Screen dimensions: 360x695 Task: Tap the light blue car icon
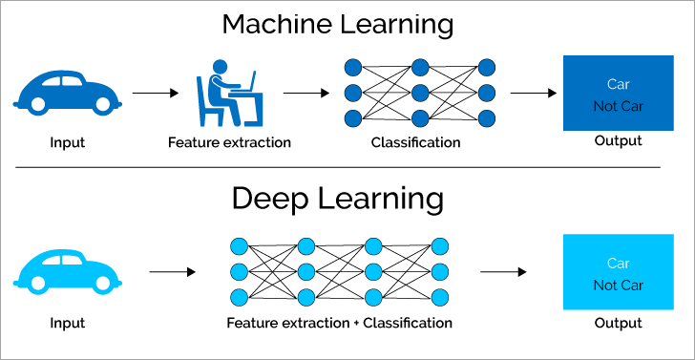pyautogui.click(x=68, y=270)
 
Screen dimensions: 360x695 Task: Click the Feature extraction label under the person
pyautogui.click(x=229, y=142)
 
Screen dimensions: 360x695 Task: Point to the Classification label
pyautogui.click(x=415, y=142)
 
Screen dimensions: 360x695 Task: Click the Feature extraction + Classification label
pyautogui.click(x=339, y=323)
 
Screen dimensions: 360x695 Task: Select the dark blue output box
pyautogui.click(x=618, y=94)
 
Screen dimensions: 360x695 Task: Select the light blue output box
pyautogui.click(x=618, y=272)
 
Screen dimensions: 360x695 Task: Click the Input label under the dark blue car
pyautogui.click(x=68, y=142)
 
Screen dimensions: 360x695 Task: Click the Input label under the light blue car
pyautogui.click(x=68, y=323)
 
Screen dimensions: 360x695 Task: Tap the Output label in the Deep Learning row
pyautogui.click(x=618, y=323)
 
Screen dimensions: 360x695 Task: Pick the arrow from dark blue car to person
pyautogui.click(x=155, y=94)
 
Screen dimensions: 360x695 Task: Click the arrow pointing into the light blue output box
pyautogui.click(x=502, y=271)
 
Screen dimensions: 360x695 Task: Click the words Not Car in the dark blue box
pyautogui.click(x=618, y=105)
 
